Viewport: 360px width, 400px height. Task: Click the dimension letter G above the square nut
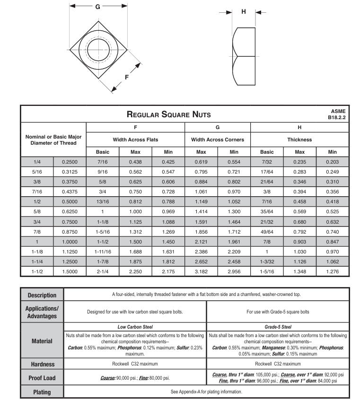tap(97, 7)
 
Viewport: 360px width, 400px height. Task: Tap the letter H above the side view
tap(244, 12)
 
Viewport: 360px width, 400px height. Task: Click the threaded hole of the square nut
tap(98, 49)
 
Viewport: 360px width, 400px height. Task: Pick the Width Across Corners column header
tap(217, 139)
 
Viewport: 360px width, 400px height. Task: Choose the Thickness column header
tap(299, 139)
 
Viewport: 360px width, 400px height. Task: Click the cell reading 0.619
tap(201, 161)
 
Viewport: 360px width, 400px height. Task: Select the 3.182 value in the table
tap(201, 272)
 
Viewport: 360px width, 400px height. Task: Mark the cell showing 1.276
tap(333, 272)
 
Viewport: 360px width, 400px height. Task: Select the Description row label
tap(42, 295)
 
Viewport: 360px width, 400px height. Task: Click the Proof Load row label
tap(42, 378)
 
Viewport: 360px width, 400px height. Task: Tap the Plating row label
tap(42, 392)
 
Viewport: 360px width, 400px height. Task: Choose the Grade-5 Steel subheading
tap(278, 327)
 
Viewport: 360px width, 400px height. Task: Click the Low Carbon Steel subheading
tap(135, 327)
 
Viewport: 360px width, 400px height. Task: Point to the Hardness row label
tap(42, 364)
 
